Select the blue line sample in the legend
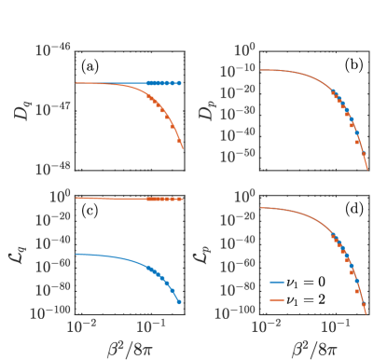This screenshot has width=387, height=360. (x=278, y=281)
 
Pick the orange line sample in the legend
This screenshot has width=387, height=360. (x=278, y=299)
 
